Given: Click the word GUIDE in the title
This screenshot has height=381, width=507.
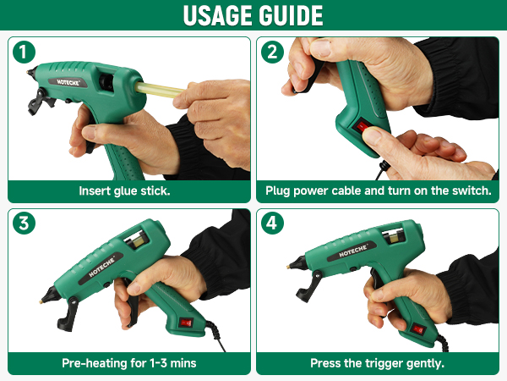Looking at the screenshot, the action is tap(287, 15).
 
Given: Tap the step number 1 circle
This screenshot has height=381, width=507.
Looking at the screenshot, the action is tap(24, 52).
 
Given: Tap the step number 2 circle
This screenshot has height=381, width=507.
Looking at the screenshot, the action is tap(272, 52).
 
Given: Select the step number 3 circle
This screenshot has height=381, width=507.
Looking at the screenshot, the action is tap(24, 224).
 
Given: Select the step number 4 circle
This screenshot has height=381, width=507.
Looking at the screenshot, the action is tap(272, 224).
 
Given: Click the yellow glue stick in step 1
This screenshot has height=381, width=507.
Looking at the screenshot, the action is tap(159, 90).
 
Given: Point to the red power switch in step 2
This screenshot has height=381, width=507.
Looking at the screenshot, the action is tap(362, 126).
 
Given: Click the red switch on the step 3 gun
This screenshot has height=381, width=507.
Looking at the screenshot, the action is tap(186, 323).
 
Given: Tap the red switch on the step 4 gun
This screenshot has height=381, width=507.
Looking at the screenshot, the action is tap(418, 330).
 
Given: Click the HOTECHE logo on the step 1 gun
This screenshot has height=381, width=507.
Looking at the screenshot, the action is tap(68, 82).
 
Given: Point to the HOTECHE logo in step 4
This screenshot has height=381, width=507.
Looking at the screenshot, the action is tap(352, 251).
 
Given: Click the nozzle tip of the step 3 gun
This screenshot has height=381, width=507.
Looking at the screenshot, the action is tap(41, 302).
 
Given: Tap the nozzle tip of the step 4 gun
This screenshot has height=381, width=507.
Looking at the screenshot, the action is tap(288, 267).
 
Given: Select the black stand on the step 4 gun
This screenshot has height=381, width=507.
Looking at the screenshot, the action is tap(308, 286).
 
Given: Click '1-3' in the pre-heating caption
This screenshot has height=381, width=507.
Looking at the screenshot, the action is tap(159, 363).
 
